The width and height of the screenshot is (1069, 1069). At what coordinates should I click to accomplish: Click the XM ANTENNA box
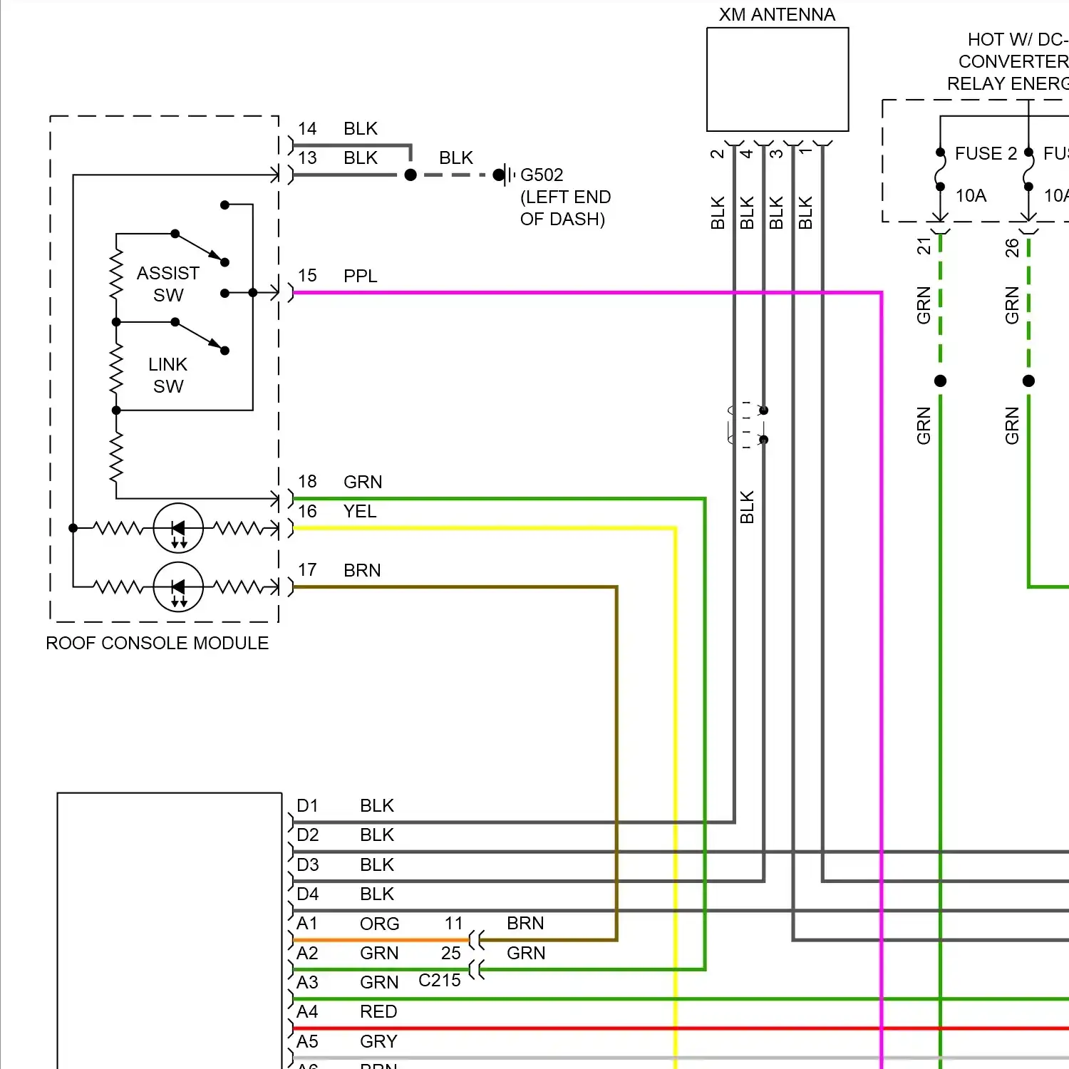[x=777, y=79]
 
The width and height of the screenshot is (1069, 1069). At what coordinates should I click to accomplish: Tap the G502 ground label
[x=542, y=175]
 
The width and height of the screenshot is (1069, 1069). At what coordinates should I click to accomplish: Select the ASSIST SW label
[x=168, y=284]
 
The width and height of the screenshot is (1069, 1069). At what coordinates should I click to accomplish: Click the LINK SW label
[x=168, y=375]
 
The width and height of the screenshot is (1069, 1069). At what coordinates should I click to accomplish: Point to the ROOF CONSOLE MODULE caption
[x=157, y=643]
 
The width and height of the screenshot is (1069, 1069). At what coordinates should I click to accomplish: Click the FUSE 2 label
[x=986, y=153]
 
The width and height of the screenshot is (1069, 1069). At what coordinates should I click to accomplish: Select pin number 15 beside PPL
[x=307, y=276]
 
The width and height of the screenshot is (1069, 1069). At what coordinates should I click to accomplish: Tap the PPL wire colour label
[x=360, y=276]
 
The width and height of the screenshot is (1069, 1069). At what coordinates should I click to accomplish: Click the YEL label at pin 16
[x=359, y=511]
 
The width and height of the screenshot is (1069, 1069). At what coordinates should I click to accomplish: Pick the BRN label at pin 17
[x=362, y=570]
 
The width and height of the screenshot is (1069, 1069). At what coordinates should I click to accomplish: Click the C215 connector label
[x=439, y=981]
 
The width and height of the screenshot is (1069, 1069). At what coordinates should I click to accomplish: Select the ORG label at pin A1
[x=379, y=924]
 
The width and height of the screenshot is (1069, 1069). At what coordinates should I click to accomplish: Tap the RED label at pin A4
[x=378, y=1011]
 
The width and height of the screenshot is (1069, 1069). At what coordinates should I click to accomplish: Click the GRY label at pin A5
[x=378, y=1041]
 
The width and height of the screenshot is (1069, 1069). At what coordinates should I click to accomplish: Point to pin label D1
[x=307, y=805]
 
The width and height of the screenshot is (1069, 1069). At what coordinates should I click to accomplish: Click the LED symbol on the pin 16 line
[x=179, y=528]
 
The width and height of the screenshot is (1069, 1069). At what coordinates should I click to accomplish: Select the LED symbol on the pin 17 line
[x=179, y=587]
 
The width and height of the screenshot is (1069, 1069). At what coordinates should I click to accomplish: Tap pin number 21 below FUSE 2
[x=924, y=246]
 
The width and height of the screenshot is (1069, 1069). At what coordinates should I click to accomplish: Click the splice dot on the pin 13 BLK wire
[x=410, y=175]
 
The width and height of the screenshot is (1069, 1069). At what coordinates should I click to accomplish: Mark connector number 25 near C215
[x=450, y=953]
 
